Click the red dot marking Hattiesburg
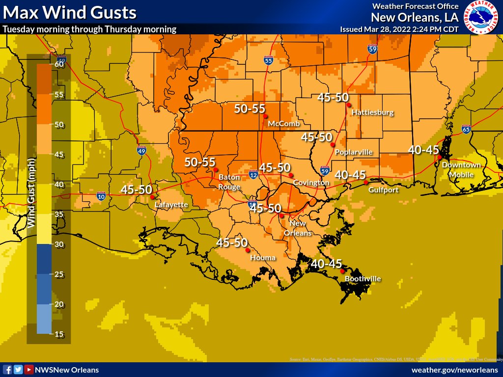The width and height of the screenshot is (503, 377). (348, 105)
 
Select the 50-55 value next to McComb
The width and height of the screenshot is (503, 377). (250, 109)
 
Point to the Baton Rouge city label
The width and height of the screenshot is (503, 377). (229, 182)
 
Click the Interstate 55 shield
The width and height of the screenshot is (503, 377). (268, 60)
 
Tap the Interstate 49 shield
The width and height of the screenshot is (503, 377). (141, 151)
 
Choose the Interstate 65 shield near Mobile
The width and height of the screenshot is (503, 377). (466, 129)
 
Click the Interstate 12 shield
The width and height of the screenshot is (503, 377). (253, 174)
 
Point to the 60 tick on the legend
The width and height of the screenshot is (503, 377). (60, 64)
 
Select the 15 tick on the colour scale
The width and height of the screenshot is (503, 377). (60, 334)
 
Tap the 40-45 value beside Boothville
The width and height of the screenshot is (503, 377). (326, 264)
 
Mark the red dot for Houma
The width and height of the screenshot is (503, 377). (247, 249)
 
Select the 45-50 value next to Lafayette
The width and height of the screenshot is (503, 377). (137, 189)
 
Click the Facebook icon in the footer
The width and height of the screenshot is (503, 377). (8, 370)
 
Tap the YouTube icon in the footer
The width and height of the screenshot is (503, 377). (29, 370)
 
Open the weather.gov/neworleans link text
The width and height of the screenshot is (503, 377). (454, 370)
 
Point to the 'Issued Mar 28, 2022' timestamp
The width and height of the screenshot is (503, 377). (399, 29)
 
